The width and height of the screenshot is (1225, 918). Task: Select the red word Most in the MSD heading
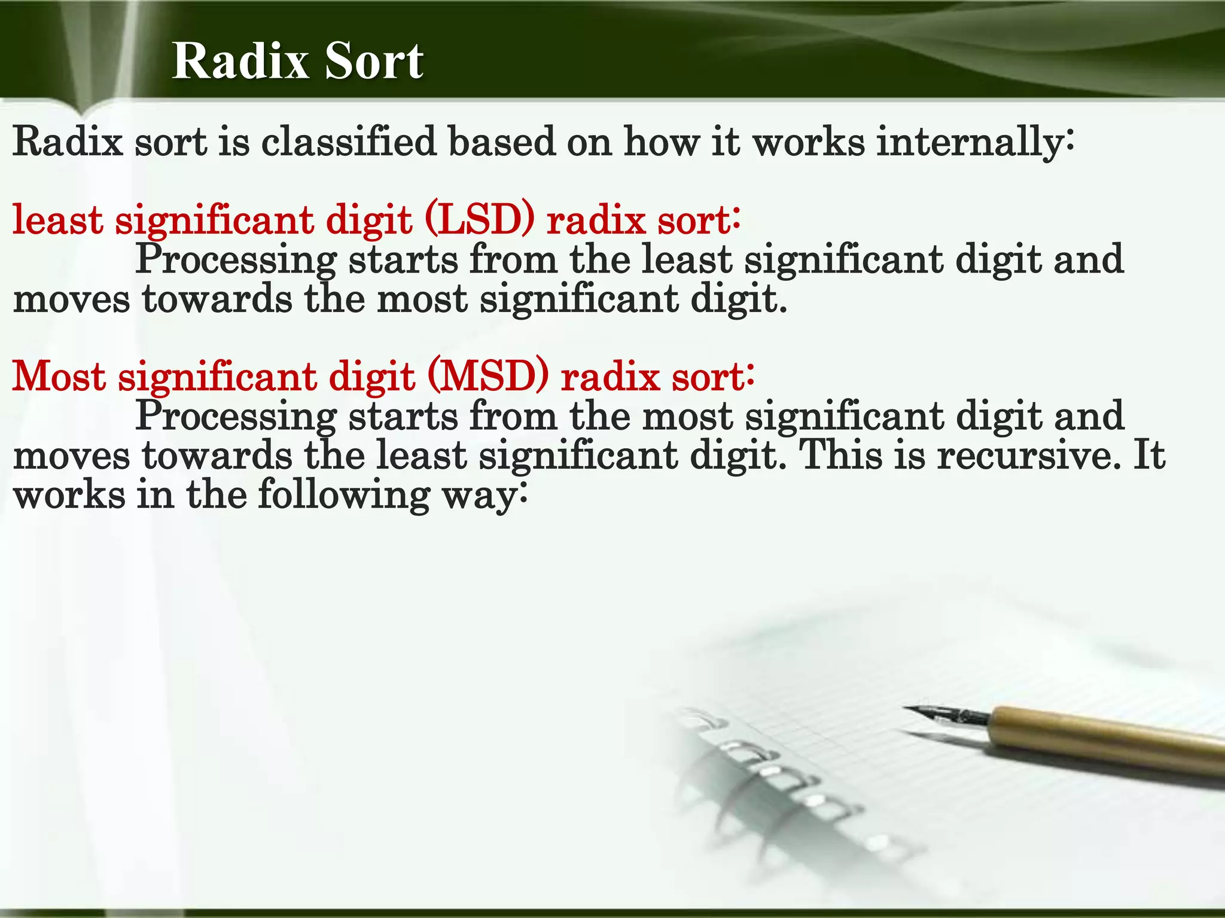[59, 377]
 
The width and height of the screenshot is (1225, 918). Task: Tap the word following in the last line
[344, 496]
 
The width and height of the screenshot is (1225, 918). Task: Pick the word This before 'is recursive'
[840, 455]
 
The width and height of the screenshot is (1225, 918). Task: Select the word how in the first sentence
[661, 143]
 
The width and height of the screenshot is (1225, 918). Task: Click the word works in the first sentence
[808, 143]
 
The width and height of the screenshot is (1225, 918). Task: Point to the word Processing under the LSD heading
[236, 261]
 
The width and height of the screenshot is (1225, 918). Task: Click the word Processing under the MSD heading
[236, 417]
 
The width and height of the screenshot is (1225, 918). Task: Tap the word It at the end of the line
[1149, 455]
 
